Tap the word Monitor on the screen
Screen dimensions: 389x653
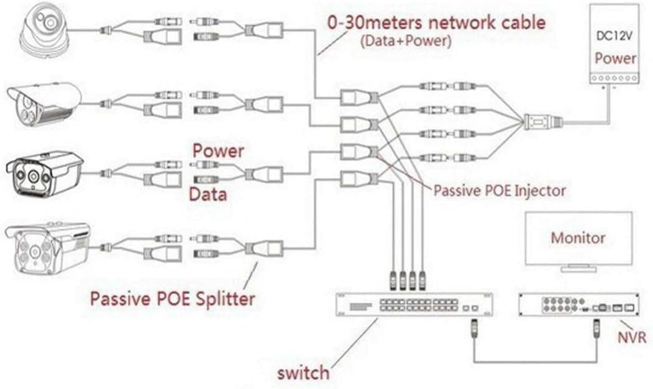pyautogui.click(x=577, y=238)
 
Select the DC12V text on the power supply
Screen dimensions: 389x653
pyautogui.click(x=614, y=36)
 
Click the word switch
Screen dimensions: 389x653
pyautogui.click(x=303, y=373)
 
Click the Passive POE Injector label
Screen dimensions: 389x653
pyautogui.click(x=499, y=190)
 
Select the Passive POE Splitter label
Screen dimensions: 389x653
pyautogui.click(x=172, y=298)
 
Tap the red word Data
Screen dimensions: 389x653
pyautogui.click(x=207, y=194)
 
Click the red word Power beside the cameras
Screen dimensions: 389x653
pyautogui.click(x=218, y=151)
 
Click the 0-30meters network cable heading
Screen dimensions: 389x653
pyautogui.click(x=436, y=23)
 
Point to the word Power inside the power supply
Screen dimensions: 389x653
pyautogui.click(x=615, y=59)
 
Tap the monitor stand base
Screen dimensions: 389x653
pyautogui.click(x=577, y=269)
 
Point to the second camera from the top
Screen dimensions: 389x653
pyautogui.click(x=44, y=103)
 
